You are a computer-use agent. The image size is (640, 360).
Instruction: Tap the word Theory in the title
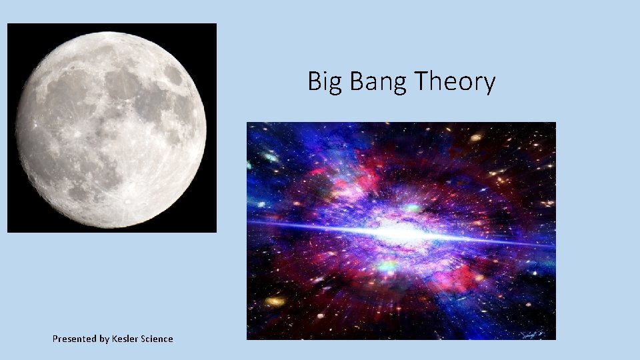pos(455,83)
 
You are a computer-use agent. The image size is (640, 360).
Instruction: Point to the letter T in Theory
pos(421,81)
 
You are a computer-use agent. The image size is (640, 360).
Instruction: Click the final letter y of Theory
pos(489,85)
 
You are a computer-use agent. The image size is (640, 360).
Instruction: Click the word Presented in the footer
pos(75,339)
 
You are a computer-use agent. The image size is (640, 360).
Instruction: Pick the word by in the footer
pos(105,339)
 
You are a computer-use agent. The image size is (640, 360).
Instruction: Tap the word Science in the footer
pos(157,339)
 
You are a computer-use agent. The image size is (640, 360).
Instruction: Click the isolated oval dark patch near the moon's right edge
pos(173,75)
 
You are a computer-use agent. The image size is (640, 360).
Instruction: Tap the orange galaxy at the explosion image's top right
pos(475,138)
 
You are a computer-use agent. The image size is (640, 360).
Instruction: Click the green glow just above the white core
pos(413,208)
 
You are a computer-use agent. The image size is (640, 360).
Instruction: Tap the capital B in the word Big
pos(314,81)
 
